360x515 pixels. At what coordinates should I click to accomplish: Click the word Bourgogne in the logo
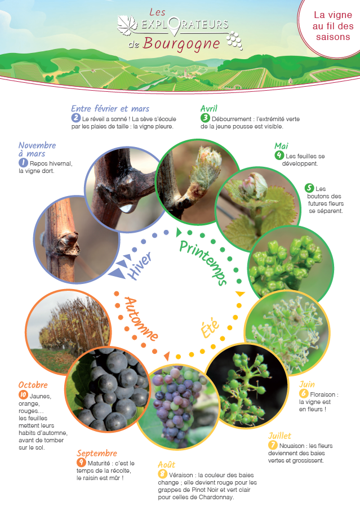pyautogui.click(x=181, y=45)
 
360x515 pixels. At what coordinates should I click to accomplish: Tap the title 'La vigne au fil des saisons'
pyautogui.click(x=333, y=26)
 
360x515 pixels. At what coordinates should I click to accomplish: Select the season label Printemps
pyautogui.click(x=203, y=263)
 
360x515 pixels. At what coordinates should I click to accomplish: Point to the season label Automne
pyautogui.click(x=141, y=318)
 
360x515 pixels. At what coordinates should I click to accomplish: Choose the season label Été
pyautogui.click(x=210, y=327)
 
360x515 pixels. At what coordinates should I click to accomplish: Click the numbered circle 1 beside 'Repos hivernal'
pyautogui.click(x=23, y=163)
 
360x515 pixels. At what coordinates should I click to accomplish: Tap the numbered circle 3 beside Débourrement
pyautogui.click(x=205, y=118)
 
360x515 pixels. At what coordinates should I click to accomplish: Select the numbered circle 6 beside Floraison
pyautogui.click(x=304, y=393)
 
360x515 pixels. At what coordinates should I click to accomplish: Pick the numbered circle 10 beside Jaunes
pyautogui.click(x=23, y=395)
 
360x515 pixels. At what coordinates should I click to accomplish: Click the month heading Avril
pyautogui.click(x=209, y=108)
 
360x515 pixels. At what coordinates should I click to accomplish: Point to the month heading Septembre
pyautogui.click(x=97, y=453)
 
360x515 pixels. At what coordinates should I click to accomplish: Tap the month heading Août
pyautogui.click(x=167, y=465)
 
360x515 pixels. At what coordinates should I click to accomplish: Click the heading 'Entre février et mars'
pyautogui.click(x=110, y=109)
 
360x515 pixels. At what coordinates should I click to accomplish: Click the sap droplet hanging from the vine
pyautogui.click(x=127, y=207)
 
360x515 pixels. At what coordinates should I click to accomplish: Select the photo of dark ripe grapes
pyautogui.click(x=108, y=389)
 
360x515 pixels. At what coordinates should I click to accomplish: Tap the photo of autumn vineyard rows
pyautogui.click(x=68, y=332)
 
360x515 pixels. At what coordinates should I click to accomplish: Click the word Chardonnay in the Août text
pyautogui.click(x=216, y=497)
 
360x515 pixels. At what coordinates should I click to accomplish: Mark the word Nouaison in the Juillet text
pyautogui.click(x=292, y=446)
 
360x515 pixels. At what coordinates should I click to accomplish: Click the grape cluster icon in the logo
pyautogui.click(x=234, y=41)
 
